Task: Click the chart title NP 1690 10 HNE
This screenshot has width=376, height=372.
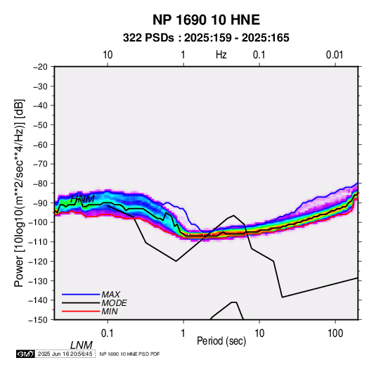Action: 206,20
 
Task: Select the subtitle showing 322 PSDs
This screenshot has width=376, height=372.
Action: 206,38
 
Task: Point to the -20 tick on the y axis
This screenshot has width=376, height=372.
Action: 40,67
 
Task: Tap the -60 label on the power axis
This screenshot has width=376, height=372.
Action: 40,144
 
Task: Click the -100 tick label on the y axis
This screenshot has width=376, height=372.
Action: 39,222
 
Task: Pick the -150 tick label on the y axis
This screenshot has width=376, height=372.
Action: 39,320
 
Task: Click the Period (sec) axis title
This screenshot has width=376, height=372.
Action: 221,341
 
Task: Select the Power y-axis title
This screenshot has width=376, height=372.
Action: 19,193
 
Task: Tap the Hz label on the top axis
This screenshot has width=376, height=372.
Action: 221,55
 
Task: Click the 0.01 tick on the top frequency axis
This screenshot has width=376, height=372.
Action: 335,55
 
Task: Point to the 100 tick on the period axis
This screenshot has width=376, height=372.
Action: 335,333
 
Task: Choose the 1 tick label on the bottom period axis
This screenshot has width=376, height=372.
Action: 183,333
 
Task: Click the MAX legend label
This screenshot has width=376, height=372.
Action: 110,294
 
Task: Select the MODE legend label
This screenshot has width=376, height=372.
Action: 114,303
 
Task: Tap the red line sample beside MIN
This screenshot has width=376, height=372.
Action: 81,312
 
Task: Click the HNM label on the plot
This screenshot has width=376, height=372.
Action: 82,199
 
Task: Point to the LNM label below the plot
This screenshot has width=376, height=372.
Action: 81,345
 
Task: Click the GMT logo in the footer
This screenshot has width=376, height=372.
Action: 25,354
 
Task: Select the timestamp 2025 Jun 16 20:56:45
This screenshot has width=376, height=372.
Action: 65,354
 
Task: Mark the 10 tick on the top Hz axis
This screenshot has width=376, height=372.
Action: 108,55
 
